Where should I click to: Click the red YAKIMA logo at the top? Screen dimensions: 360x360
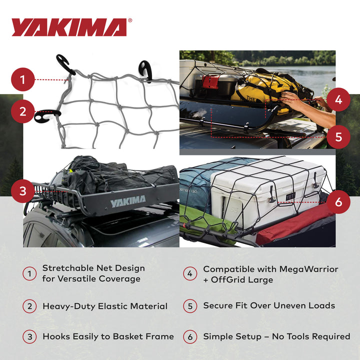coord(69,27)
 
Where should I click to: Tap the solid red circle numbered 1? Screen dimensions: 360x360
coord(22,79)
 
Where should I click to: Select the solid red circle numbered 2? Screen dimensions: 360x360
coord(22,111)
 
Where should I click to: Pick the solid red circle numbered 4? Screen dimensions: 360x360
coord(338,100)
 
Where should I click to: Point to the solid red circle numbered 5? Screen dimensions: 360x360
coord(338,136)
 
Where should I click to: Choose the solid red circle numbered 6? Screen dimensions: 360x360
coord(338,202)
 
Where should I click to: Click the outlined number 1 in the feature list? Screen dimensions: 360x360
coord(29,274)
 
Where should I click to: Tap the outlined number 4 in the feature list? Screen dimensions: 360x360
coord(190,274)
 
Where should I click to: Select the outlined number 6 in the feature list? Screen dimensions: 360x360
coord(190,336)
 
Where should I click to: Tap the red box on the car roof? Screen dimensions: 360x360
coord(210,82)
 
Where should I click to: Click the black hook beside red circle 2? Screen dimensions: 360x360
coord(47,115)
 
